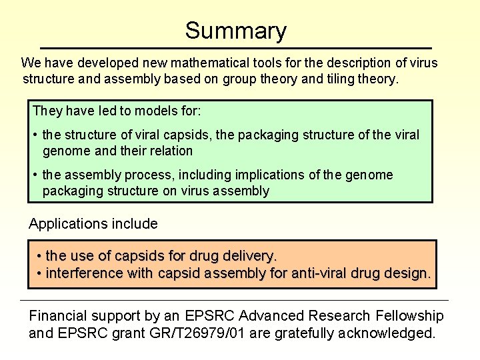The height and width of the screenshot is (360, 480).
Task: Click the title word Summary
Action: (x=236, y=31)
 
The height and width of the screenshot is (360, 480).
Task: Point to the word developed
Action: (x=109, y=63)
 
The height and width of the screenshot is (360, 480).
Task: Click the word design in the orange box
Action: (x=406, y=273)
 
